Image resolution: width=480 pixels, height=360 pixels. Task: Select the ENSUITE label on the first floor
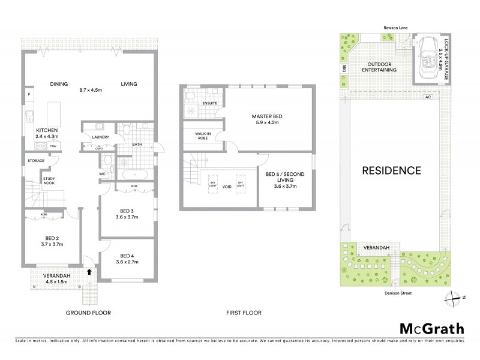point(209,103)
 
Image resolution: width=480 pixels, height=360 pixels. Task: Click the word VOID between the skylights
point(226,186)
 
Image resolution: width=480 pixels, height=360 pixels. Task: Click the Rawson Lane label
point(396,28)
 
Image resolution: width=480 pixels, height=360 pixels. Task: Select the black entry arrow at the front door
point(89,272)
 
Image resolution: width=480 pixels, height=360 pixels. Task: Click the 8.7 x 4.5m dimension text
point(92,91)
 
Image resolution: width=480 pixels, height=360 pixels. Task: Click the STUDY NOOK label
point(49,181)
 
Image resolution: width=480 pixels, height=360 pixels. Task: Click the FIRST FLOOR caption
point(243,313)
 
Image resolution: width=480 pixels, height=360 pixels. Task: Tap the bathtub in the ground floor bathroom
point(135,175)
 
